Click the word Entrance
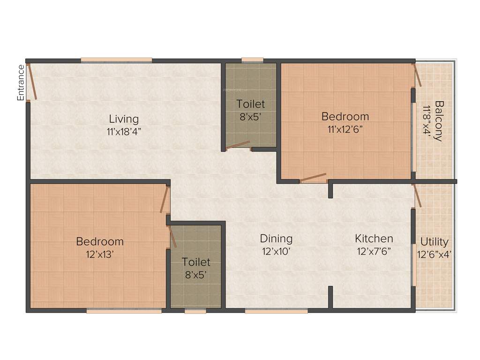[x=21, y=82]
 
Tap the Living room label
[x=124, y=119]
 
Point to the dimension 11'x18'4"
[x=124, y=131]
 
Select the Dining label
[x=276, y=239]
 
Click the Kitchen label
[x=374, y=239]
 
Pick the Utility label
[x=434, y=242]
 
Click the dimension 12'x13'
[x=100, y=254]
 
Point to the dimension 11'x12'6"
[x=345, y=129]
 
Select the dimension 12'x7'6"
[x=374, y=251]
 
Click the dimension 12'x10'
[x=276, y=251]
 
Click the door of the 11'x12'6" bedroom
[x=313, y=178]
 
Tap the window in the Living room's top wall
[x=116, y=60]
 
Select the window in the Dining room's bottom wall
[x=276, y=310]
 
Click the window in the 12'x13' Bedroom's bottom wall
[x=124, y=310]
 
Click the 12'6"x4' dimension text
[x=434, y=255]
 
